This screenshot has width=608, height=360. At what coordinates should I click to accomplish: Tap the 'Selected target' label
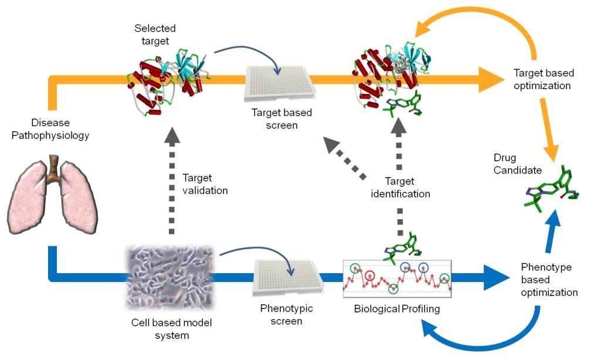click(155, 33)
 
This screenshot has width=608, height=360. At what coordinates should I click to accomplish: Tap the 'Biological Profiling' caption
click(396, 308)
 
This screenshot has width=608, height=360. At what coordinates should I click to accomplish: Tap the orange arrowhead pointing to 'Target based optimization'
click(488, 80)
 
